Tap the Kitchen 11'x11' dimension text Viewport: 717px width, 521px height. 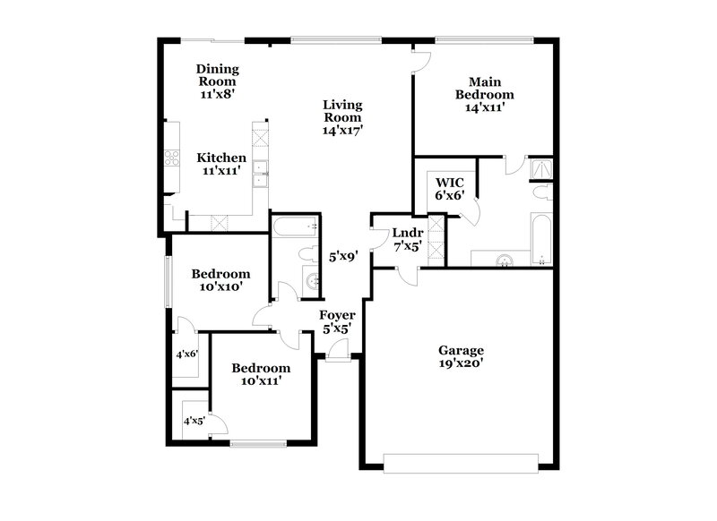point(221,170)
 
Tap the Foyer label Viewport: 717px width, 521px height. point(339,316)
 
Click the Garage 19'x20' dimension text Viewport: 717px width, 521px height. point(461,363)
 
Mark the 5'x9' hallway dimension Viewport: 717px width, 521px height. point(342,256)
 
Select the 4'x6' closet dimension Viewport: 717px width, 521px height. point(186,354)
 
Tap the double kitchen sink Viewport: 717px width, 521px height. point(261,173)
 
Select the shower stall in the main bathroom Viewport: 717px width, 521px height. point(541,167)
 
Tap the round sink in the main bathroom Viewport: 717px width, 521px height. point(505,260)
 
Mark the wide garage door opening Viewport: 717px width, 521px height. point(461,462)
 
